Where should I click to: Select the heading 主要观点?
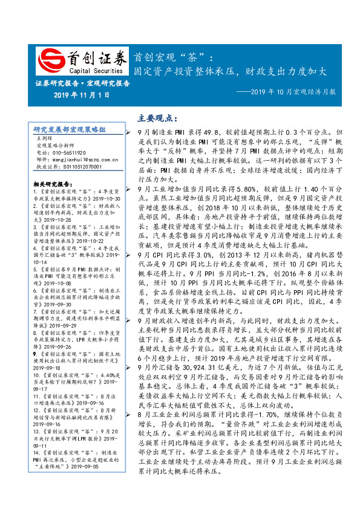pos(153,117)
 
